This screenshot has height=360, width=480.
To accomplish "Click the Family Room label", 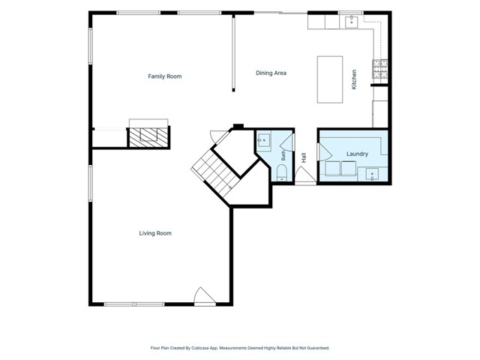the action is pos(165,76).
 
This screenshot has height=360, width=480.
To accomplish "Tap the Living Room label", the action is pos(155,233).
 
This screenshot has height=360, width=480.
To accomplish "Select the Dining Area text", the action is pos(271,73).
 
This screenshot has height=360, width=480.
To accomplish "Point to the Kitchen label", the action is pos(354,79).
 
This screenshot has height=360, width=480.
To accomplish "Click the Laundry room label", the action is pos(357,154).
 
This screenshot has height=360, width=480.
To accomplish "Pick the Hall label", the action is pos(304,157).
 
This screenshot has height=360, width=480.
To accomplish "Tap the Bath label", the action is pos(283,155).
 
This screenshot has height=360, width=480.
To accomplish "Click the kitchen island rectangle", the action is pos(330,79).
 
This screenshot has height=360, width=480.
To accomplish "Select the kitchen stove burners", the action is pos(380,69).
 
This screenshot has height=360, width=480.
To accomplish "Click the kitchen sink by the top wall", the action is pos(352,22).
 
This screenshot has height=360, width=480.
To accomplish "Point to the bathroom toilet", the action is pos(282,173).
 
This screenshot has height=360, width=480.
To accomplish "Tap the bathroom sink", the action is pos(263,140).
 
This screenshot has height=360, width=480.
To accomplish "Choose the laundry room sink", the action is pos(372,174).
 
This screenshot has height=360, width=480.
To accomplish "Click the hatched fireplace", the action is pos(148,137).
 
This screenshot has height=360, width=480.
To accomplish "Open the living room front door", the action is pos(205,296).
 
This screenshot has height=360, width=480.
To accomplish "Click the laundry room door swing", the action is pos(325,151).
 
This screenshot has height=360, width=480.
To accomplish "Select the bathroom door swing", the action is pos(287,142).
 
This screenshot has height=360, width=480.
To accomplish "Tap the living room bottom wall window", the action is pos(134,304).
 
